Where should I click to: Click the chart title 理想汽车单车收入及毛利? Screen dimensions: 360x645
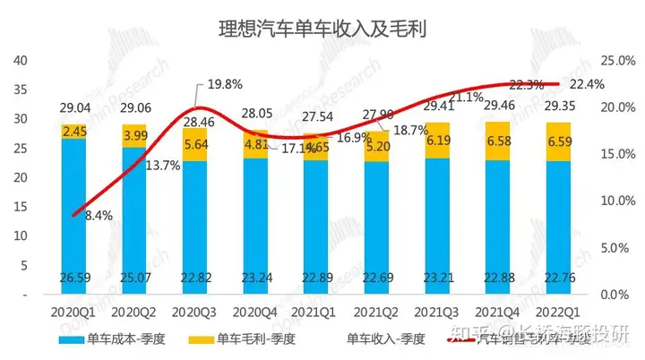point(322,28)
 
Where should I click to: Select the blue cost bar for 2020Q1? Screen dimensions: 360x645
point(74,215)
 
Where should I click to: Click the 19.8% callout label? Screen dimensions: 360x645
point(226,84)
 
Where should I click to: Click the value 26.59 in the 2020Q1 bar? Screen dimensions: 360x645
point(74,276)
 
